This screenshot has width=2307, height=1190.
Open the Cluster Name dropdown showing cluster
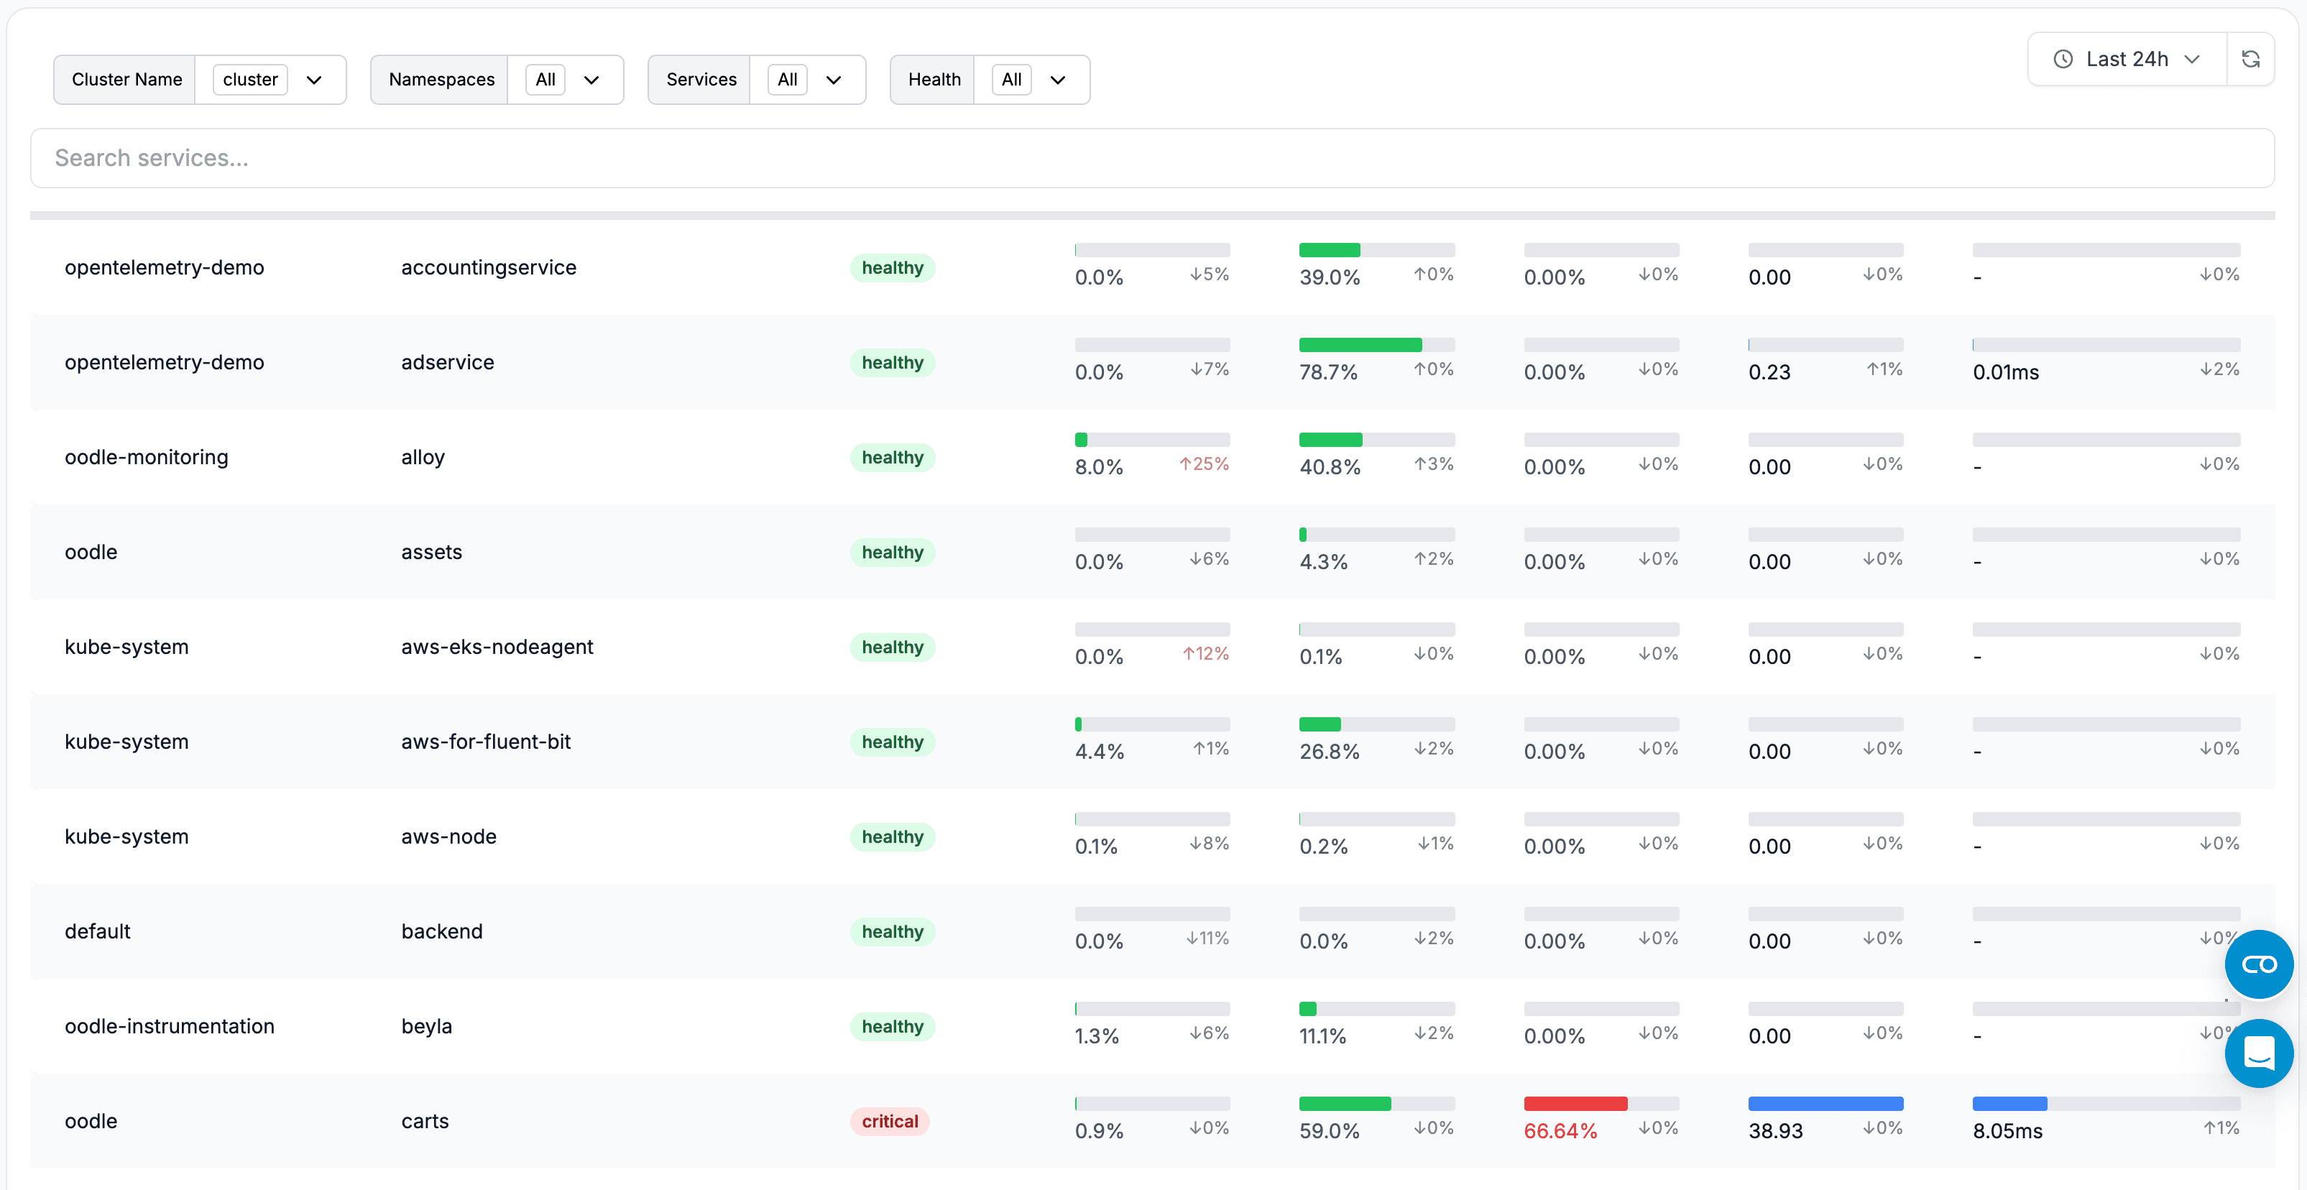[x=270, y=80]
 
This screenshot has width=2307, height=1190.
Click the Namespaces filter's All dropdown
[x=564, y=80]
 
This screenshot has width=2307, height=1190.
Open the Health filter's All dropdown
[x=1031, y=80]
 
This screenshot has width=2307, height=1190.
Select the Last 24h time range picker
[x=2126, y=59]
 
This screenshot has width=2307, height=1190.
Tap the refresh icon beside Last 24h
[x=2250, y=59]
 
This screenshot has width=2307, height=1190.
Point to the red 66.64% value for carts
[x=1560, y=1131]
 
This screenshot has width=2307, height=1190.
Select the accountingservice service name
[x=488, y=268]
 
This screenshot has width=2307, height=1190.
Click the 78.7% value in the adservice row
[x=1328, y=372]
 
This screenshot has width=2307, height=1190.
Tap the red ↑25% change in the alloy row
[x=1204, y=463]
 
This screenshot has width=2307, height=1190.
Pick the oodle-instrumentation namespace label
[x=170, y=1026]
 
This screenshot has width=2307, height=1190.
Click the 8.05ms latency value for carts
[x=2007, y=1131]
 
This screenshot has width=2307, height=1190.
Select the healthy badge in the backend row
[x=892, y=931]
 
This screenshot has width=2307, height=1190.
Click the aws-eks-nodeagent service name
[x=497, y=647]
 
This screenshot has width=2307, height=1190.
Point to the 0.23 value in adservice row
[x=1769, y=372]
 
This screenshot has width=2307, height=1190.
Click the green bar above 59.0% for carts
[x=1344, y=1104]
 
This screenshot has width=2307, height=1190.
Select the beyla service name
[x=426, y=1026]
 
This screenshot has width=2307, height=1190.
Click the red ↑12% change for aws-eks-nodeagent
[x=1205, y=654]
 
